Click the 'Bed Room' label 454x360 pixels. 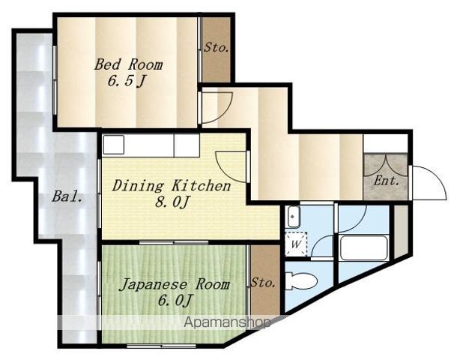tap(128, 64)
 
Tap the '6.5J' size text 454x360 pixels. tap(126, 81)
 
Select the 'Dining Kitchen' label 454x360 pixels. tap(171, 186)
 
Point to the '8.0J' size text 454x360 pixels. tap(172, 202)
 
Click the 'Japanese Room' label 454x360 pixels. tap(175, 284)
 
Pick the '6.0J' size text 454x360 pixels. tap(175, 300)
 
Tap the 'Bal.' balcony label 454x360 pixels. tap(67, 196)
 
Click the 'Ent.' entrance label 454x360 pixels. tap(386, 181)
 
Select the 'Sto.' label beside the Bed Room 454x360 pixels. tap(216, 47)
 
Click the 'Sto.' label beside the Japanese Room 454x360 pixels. tap(263, 282)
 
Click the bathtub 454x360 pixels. tap(364, 248)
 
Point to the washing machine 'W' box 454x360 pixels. tap(295, 244)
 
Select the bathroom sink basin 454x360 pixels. tap(294, 217)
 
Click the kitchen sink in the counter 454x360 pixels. tap(114, 144)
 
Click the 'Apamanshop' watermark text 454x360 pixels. tap(227, 322)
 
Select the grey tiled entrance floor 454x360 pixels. tap(385, 177)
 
